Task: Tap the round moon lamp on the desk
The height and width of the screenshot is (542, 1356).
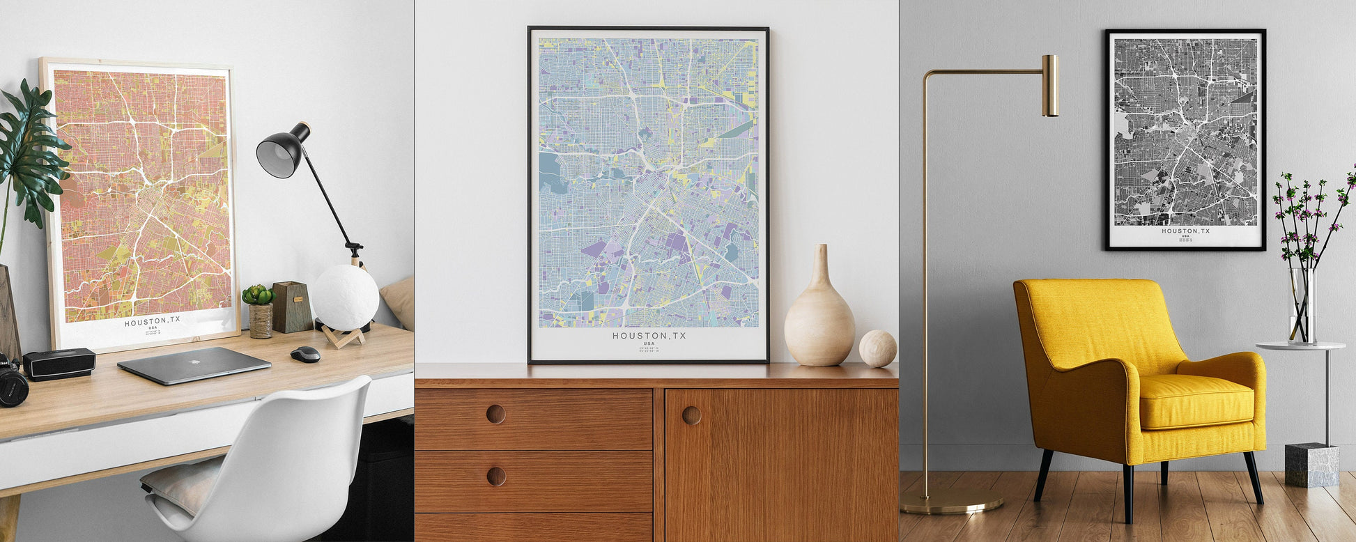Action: (345, 297)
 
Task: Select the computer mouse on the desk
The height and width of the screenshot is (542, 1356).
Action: (305, 355)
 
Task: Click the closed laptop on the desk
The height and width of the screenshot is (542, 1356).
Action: (194, 365)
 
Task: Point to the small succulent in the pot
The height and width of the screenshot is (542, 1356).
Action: (258, 295)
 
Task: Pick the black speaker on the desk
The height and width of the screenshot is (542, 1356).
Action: (59, 364)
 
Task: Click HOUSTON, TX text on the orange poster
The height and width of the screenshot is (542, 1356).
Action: (152, 321)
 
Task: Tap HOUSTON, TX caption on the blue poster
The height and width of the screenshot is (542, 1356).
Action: (649, 336)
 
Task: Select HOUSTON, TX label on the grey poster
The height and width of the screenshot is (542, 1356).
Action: (1185, 231)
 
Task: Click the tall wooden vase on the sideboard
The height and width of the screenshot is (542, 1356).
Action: (819, 313)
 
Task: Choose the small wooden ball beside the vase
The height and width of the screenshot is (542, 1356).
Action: (877, 348)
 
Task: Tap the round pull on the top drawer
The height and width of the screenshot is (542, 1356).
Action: (495, 414)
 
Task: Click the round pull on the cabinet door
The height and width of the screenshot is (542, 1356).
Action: (691, 415)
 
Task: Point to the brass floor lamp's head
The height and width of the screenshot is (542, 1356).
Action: (1049, 85)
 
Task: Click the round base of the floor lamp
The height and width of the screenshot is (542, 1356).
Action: (951, 500)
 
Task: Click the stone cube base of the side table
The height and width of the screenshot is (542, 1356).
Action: (1311, 465)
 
